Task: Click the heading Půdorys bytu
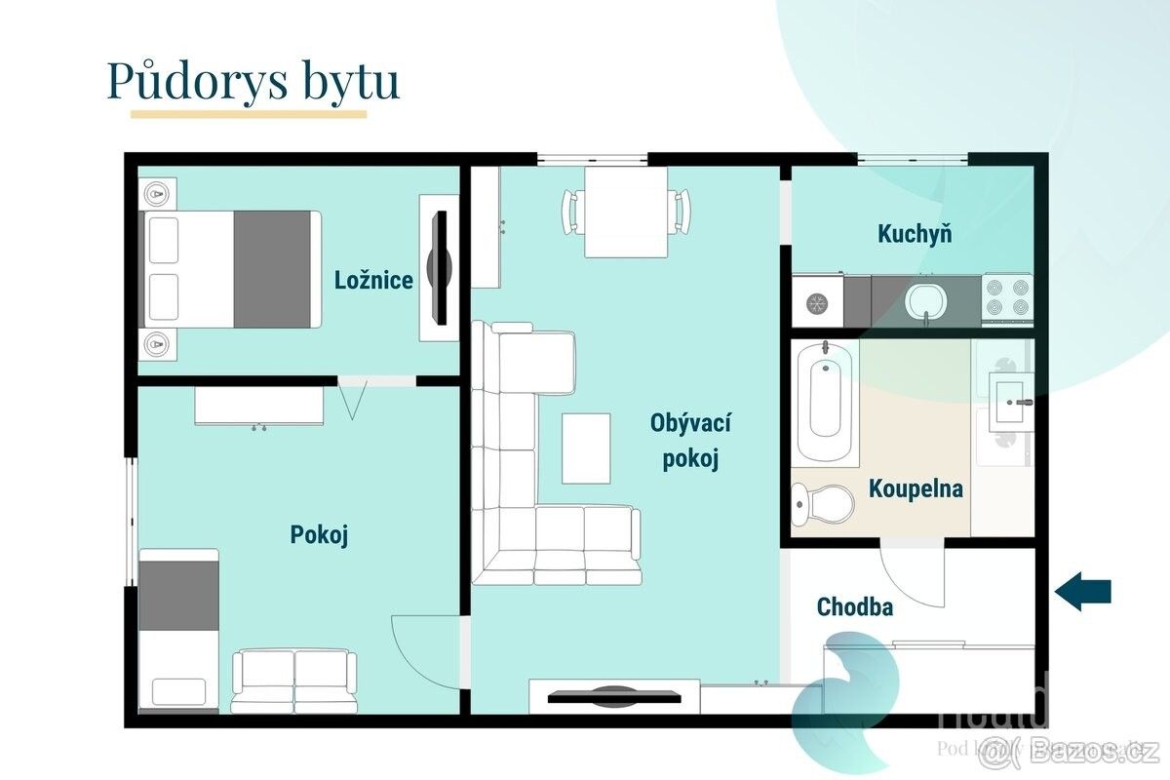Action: [253, 81]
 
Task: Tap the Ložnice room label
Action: [373, 281]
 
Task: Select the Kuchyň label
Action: [915, 234]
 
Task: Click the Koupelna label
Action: [916, 488]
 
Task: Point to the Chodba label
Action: [854, 606]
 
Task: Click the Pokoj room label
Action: [319, 534]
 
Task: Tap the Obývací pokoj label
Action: [691, 441]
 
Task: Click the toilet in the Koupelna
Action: [823, 503]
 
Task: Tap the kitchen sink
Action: [923, 299]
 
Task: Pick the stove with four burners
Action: [1006, 299]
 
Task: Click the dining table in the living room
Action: [626, 212]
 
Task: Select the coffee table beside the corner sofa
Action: [586, 448]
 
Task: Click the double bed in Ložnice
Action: [232, 269]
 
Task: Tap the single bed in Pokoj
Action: [179, 629]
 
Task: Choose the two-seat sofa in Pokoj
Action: [293, 682]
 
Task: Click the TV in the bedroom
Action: [440, 267]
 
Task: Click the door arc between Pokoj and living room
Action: [425, 647]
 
